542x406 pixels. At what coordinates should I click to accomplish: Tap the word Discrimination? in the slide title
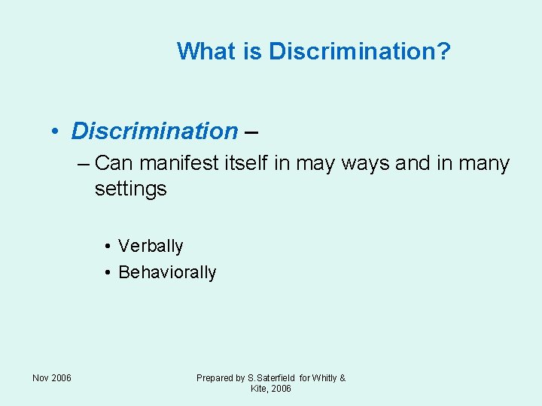pyautogui.click(x=360, y=51)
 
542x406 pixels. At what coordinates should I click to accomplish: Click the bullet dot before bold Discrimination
pyautogui.click(x=56, y=132)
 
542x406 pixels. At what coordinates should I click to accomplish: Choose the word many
pyautogui.click(x=483, y=164)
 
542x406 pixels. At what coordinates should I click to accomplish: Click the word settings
pyautogui.click(x=130, y=189)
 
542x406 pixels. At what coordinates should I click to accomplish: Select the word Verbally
pyautogui.click(x=151, y=247)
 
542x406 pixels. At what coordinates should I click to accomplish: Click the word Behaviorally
pyautogui.click(x=167, y=272)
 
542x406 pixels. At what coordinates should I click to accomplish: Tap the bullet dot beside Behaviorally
pyautogui.click(x=109, y=273)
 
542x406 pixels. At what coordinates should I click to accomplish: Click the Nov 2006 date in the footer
pyautogui.click(x=52, y=377)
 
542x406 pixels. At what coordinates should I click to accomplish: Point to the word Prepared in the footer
pyautogui.click(x=215, y=378)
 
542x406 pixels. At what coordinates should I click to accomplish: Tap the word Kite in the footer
pyautogui.click(x=259, y=389)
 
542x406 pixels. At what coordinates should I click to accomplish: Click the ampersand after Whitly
pyautogui.click(x=343, y=378)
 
